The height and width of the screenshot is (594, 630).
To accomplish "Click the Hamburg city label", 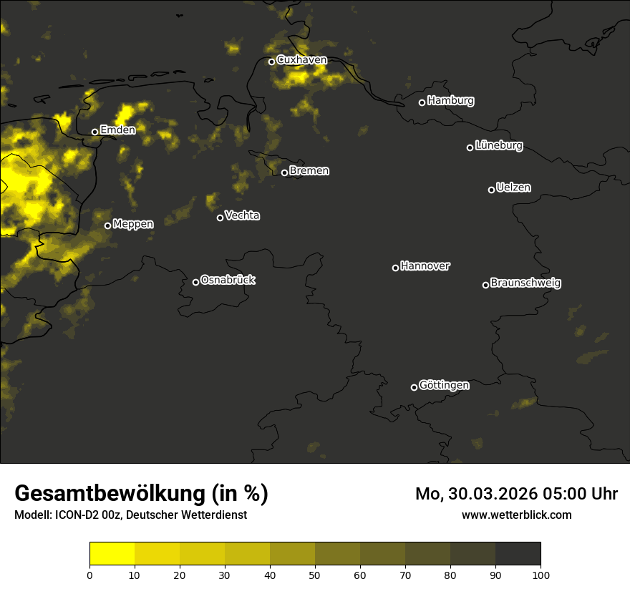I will (450, 101).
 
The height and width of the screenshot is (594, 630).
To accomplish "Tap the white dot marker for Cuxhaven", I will (271, 62).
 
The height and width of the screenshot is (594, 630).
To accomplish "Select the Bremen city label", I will (309, 171).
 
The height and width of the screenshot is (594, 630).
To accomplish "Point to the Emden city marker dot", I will (94, 132).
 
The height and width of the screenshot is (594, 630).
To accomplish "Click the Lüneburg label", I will (498, 146).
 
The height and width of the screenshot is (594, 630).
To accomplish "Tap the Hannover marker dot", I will (395, 268).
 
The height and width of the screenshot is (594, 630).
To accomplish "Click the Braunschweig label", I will (525, 283).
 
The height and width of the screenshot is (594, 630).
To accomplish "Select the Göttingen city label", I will (444, 386).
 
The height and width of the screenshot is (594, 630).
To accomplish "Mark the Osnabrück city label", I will (228, 281).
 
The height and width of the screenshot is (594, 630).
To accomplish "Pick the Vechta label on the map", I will (242, 216).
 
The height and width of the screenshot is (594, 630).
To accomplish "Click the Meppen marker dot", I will (107, 225).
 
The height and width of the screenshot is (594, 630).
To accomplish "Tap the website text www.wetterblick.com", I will (516, 515).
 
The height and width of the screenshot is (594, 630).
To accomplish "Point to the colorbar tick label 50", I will (315, 575).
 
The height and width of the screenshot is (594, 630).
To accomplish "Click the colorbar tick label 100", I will (541, 575).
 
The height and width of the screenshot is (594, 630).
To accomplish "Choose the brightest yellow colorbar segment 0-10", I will (112, 553).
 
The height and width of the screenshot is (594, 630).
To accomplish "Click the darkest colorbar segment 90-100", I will (518, 553).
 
